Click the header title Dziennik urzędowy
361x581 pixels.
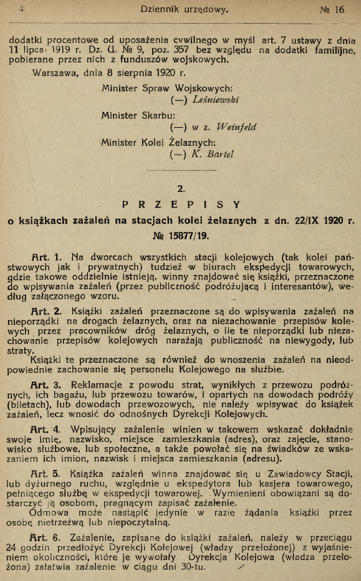pyautogui.click(x=181, y=10)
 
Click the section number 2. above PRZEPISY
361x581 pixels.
pyautogui.click(x=181, y=185)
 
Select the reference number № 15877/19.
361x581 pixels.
pyautogui.click(x=181, y=236)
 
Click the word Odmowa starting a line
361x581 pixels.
pyautogui.click(x=51, y=513)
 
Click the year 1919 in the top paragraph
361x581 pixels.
pyautogui.click(x=62, y=50)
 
